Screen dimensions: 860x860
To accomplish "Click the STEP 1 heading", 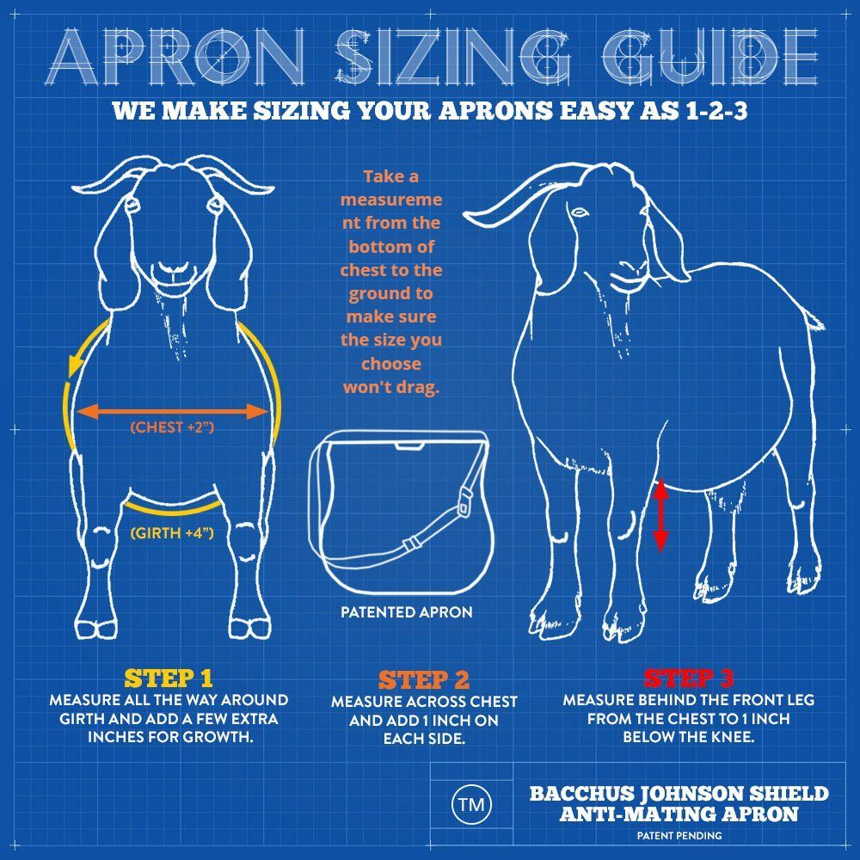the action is (169, 679).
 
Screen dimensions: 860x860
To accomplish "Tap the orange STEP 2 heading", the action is (424, 680).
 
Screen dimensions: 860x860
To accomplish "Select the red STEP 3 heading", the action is (688, 679).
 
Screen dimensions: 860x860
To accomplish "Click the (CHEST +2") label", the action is (172, 427).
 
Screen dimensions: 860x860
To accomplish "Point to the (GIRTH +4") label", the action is (172, 532).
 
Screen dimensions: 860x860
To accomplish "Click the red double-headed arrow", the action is (660, 514).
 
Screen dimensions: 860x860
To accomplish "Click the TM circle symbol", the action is (471, 805).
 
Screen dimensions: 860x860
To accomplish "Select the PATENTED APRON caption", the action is (407, 612).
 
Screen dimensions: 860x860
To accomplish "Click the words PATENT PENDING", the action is (679, 836).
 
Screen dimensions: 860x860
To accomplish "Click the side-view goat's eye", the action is (579, 212).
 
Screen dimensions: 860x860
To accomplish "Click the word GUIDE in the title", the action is (709, 57).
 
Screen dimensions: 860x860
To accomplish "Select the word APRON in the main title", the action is (176, 57).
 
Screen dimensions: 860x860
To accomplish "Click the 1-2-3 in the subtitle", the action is (716, 111).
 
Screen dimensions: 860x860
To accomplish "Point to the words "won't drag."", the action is (391, 387).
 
